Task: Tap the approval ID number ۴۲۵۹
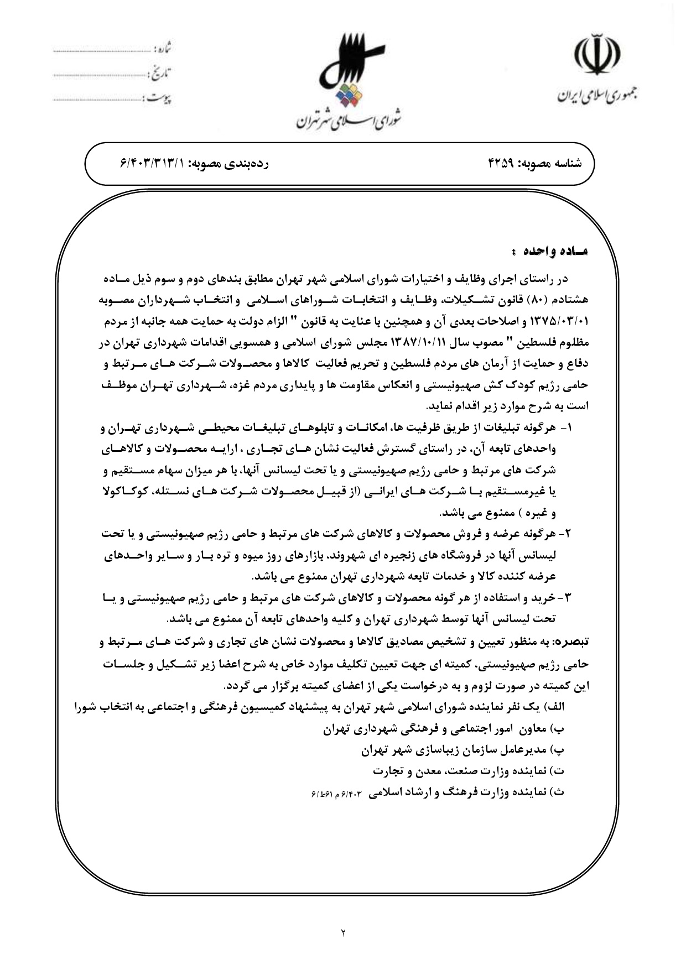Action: click(500, 164)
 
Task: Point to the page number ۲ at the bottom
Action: click(342, 933)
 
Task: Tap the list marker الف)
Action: click(555, 708)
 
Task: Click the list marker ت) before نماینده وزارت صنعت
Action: click(558, 770)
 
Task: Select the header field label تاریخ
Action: click(160, 73)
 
